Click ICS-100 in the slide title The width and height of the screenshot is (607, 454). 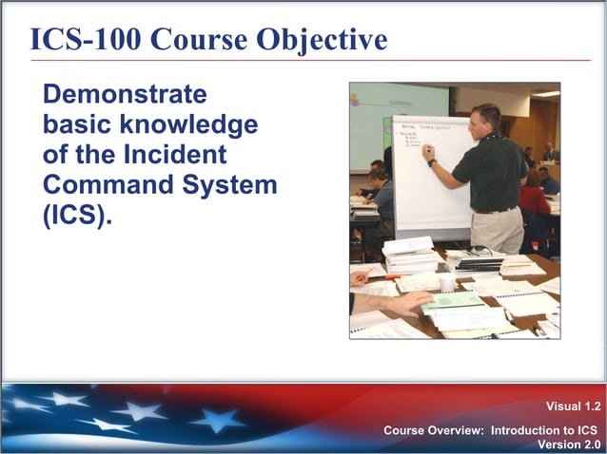pyautogui.click(x=85, y=39)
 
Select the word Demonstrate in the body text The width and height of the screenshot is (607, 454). pyautogui.click(x=125, y=95)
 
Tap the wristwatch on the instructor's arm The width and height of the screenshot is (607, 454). pyautogui.click(x=433, y=162)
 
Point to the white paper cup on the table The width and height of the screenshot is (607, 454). pyautogui.click(x=447, y=282)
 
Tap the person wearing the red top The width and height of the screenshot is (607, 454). pyautogui.click(x=534, y=199)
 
